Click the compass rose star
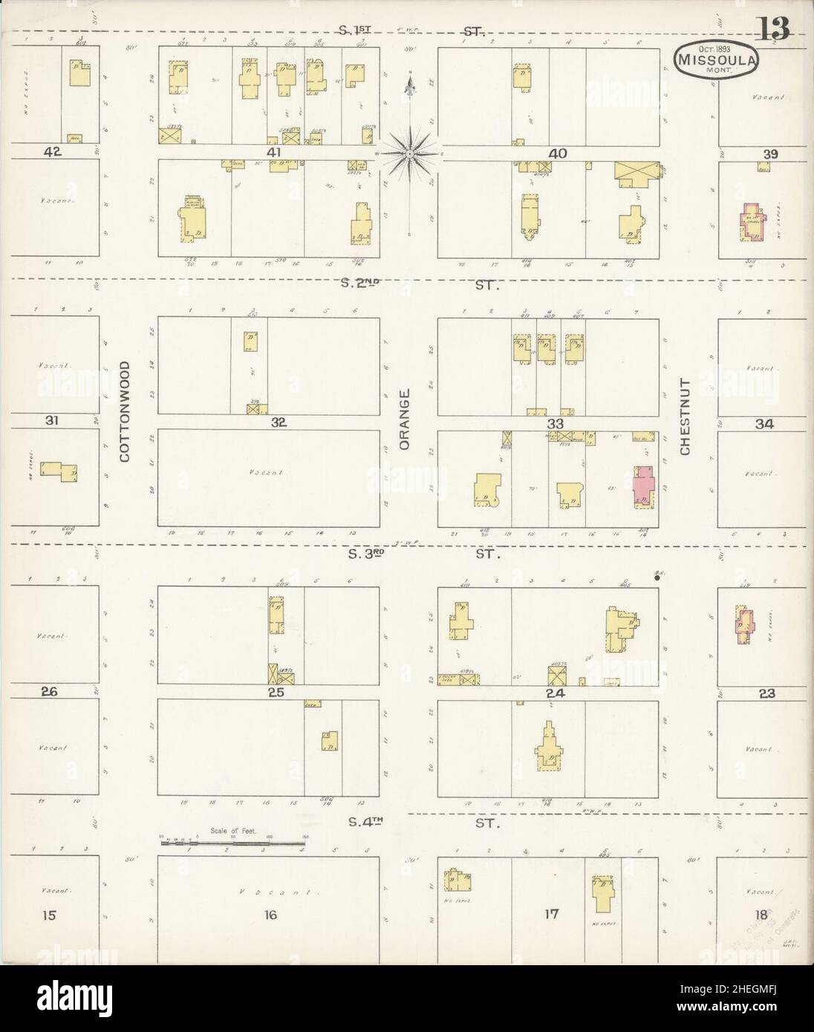coord(409,154)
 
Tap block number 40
coord(558,153)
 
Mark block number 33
coord(555,422)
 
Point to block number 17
coord(550,914)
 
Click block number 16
coord(270,915)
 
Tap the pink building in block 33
coord(642,486)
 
